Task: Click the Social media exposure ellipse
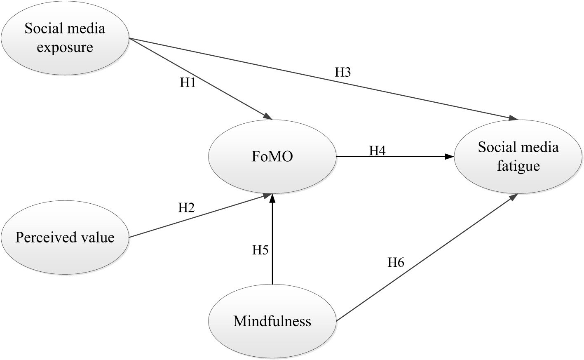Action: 65,38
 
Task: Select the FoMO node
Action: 272,157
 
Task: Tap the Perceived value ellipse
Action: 65,238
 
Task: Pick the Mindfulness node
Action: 272,321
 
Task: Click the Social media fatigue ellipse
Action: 518,157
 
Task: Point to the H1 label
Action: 188,83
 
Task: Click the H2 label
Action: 186,208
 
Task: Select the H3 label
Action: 343,73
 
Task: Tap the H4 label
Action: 377,151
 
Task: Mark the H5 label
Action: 260,250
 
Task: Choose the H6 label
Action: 396,262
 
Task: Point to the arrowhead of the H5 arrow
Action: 272,199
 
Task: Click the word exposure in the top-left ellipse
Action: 65,47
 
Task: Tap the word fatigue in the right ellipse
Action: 518,166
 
